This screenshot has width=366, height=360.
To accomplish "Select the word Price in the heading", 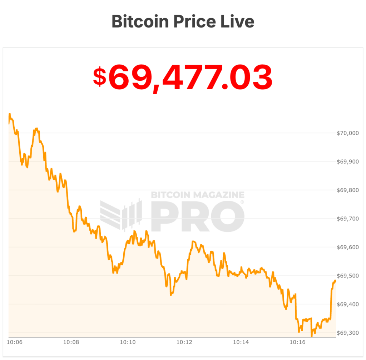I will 196,21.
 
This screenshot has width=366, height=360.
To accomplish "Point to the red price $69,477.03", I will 183,77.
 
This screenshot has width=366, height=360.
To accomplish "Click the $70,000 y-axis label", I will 347,133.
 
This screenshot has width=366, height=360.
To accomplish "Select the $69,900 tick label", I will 347,162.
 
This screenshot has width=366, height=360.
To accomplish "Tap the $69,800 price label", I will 347,190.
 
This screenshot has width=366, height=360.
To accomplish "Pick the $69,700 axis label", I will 347,219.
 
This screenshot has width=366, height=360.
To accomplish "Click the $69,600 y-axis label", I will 347,247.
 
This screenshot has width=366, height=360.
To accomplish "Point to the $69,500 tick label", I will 347,276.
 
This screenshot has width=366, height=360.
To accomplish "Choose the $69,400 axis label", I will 347,304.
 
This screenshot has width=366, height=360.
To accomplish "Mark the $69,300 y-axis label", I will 347,333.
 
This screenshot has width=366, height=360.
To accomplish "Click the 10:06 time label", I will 15,342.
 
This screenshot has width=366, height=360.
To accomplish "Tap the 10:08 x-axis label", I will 71,342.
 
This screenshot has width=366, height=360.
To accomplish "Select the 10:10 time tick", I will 128,342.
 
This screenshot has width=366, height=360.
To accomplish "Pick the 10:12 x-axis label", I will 184,342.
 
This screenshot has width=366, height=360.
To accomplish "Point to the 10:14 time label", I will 241,342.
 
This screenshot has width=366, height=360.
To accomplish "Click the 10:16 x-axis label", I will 298,342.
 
